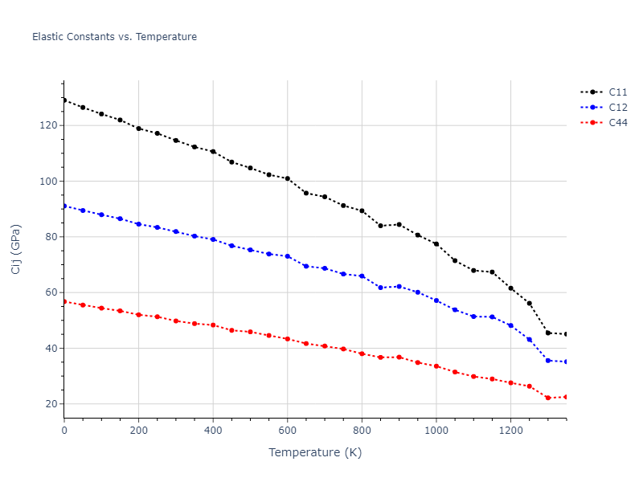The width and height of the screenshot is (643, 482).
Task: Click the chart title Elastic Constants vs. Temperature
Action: [114, 37]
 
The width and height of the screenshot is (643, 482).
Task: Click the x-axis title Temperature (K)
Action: [315, 452]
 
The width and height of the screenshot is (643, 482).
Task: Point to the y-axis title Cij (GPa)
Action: [16, 249]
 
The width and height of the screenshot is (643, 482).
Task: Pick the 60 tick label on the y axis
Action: [51, 292]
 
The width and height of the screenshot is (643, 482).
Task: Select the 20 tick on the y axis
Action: [51, 404]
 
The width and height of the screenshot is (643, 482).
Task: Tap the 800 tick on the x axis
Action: [362, 430]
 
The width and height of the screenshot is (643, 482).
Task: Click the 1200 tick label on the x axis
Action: [510, 430]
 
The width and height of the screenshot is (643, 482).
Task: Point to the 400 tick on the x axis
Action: [213, 430]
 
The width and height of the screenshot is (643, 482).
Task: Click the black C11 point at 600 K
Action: [288, 178]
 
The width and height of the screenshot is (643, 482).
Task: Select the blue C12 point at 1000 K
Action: [436, 300]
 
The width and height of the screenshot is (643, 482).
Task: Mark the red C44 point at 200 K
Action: [139, 315]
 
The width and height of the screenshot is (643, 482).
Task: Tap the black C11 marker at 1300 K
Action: [548, 333]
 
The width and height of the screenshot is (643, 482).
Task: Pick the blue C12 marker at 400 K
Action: [213, 239]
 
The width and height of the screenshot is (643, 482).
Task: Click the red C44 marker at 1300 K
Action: [548, 398]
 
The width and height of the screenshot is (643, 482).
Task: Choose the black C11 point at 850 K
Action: [380, 226]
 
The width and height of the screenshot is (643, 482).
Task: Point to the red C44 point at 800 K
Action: [362, 353]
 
